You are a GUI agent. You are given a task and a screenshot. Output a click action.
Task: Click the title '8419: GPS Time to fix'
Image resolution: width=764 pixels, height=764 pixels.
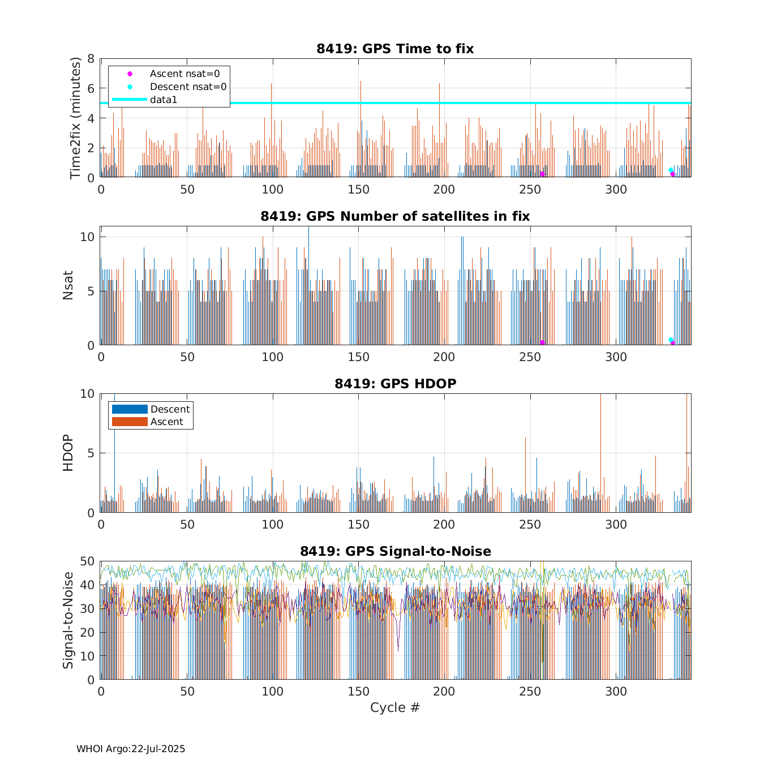tap(395, 49)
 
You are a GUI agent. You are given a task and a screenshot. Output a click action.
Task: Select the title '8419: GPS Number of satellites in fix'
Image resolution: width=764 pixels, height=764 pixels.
tap(395, 216)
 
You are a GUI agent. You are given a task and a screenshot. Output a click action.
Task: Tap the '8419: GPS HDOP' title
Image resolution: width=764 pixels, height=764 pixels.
tap(395, 384)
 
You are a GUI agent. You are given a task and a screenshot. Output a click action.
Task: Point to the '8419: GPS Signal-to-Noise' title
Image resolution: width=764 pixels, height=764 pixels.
tap(395, 551)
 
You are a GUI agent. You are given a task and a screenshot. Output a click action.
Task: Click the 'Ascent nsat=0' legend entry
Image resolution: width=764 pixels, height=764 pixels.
tap(184, 74)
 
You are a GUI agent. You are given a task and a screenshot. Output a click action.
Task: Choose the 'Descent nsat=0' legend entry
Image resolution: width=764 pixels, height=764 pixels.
tap(188, 87)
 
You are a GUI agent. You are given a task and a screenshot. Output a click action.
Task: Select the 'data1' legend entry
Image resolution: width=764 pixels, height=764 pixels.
tap(164, 100)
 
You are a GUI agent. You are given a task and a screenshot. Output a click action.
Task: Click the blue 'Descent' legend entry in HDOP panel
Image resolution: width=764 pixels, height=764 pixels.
tap(170, 409)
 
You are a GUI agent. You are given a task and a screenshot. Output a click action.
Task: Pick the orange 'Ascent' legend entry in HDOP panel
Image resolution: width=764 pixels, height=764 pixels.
tap(166, 422)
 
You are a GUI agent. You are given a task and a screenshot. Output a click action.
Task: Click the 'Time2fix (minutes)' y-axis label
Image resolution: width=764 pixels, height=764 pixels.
tap(75, 118)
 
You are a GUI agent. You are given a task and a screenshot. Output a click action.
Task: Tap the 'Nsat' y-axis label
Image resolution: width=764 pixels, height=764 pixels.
tap(68, 286)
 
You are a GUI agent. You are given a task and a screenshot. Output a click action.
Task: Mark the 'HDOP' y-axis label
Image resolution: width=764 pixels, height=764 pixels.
tap(68, 453)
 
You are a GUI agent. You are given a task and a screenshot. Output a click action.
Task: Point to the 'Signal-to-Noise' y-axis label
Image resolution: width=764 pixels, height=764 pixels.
tap(68, 620)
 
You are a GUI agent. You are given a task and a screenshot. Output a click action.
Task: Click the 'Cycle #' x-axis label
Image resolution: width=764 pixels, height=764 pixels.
tap(395, 707)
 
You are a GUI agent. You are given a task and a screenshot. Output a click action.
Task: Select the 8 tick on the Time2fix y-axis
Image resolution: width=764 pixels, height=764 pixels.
tap(91, 59)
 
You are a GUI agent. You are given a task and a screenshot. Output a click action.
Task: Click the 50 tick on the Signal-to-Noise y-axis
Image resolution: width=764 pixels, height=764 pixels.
tap(87, 561)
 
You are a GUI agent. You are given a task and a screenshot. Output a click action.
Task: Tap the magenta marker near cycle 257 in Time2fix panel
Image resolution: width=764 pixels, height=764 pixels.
tap(542, 174)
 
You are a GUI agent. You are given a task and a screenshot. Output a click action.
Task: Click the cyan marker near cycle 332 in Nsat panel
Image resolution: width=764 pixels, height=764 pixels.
tap(671, 340)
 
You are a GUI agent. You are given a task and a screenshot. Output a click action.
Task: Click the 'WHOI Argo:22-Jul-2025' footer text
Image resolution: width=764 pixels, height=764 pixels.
tap(131, 749)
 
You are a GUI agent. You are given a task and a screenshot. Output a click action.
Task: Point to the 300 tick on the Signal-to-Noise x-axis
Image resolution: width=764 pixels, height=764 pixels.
tap(616, 692)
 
